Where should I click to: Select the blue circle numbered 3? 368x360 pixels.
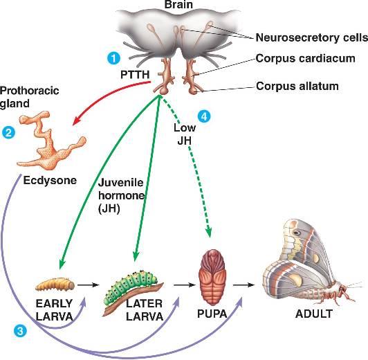pyautogui.click(x=22, y=331)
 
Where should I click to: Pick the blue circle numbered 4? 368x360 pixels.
pyautogui.click(x=203, y=115)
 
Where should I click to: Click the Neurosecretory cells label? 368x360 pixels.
pyautogui.click(x=300, y=37)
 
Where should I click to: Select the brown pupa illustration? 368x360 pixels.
pyautogui.click(x=213, y=274)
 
